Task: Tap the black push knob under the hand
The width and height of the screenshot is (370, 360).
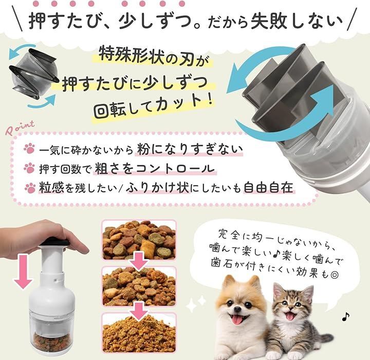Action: [x=55, y=242]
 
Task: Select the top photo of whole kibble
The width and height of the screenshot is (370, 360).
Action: [x=139, y=240]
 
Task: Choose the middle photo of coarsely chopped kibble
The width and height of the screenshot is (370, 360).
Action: [x=139, y=286]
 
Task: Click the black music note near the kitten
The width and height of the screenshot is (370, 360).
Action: [x=345, y=316]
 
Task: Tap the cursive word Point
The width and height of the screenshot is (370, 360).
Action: [x=20, y=128]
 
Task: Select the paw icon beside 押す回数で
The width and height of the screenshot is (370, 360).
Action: [x=29, y=168]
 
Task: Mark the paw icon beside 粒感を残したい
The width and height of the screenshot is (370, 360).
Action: [x=30, y=188]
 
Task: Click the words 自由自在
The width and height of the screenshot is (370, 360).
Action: [x=268, y=187]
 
